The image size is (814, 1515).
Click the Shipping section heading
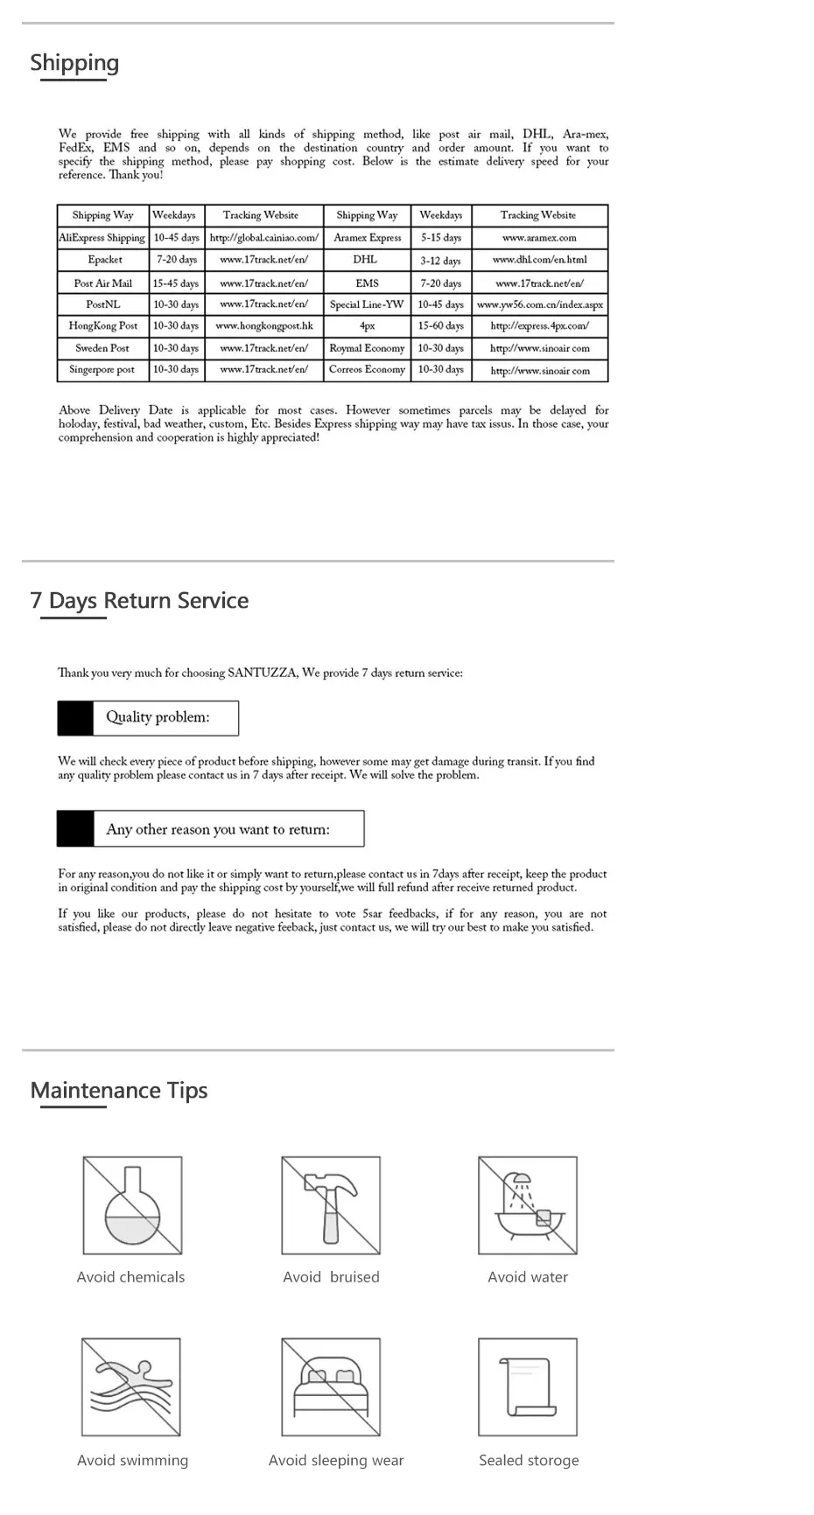[74, 63]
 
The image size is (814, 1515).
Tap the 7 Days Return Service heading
[139, 601]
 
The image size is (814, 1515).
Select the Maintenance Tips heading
[119, 1091]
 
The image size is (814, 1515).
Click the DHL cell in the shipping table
[366, 260]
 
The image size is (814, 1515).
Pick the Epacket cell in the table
[105, 260]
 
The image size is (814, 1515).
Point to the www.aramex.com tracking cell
[539, 238]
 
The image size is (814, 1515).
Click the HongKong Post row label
[103, 325]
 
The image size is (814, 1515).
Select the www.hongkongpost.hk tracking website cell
[264, 325]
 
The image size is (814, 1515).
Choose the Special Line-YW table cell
[367, 304]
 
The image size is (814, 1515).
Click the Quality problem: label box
[148, 717]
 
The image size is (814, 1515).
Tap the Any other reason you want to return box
[211, 829]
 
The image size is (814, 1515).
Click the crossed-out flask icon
[133, 1205]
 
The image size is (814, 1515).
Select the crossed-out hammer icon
[331, 1205]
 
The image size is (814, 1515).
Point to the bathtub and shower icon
[528, 1205]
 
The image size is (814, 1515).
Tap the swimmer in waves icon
[131, 1386]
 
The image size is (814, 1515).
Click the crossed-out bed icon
[331, 1386]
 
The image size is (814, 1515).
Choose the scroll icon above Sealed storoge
[528, 1386]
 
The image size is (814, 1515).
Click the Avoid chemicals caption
[131, 1277]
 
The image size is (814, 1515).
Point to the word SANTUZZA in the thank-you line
[262, 674]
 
